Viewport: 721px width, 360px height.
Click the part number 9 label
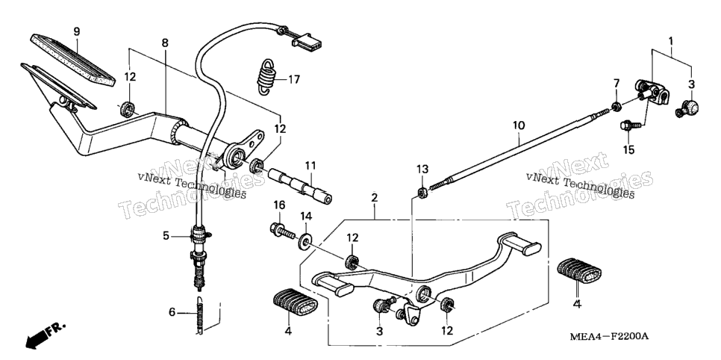click(77, 31)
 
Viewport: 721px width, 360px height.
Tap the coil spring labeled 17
click(266, 78)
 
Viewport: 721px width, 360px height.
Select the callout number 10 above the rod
click(518, 125)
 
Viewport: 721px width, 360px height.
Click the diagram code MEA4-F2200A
click(609, 337)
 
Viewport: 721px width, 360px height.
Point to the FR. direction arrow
click(45, 335)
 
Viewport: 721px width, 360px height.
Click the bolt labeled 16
click(282, 231)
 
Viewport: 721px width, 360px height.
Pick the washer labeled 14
click(305, 242)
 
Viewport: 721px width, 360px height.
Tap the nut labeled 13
click(422, 193)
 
